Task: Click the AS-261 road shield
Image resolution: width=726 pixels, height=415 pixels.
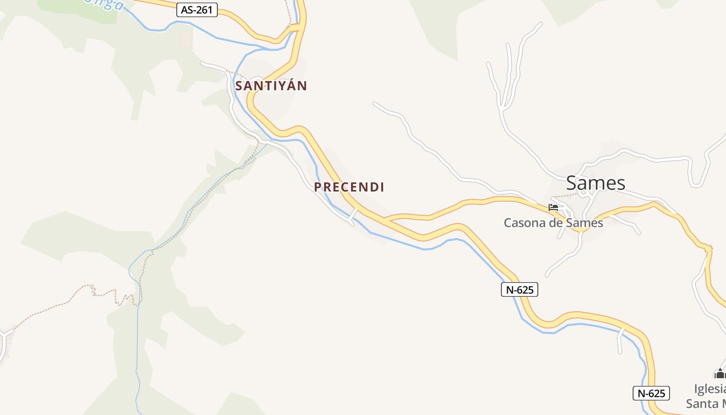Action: tap(197, 10)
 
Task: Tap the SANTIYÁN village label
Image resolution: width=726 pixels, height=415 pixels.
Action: tap(271, 86)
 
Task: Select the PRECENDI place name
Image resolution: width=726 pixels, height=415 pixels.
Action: tap(349, 187)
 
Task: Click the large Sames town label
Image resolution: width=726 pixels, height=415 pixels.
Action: tap(595, 183)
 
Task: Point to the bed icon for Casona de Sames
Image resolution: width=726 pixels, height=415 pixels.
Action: tap(553, 208)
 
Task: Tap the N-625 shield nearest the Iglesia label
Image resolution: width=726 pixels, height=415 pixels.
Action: tap(651, 393)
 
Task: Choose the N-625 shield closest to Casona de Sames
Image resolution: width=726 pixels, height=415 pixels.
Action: tap(520, 289)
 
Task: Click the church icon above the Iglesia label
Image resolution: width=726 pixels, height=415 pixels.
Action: tap(719, 373)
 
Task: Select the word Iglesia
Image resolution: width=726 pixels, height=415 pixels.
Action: tap(710, 389)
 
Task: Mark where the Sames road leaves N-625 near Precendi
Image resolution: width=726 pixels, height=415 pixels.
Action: tap(388, 220)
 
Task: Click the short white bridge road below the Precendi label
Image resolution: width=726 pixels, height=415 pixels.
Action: tap(353, 216)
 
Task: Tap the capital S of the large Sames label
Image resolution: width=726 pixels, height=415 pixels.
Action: tap(571, 183)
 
